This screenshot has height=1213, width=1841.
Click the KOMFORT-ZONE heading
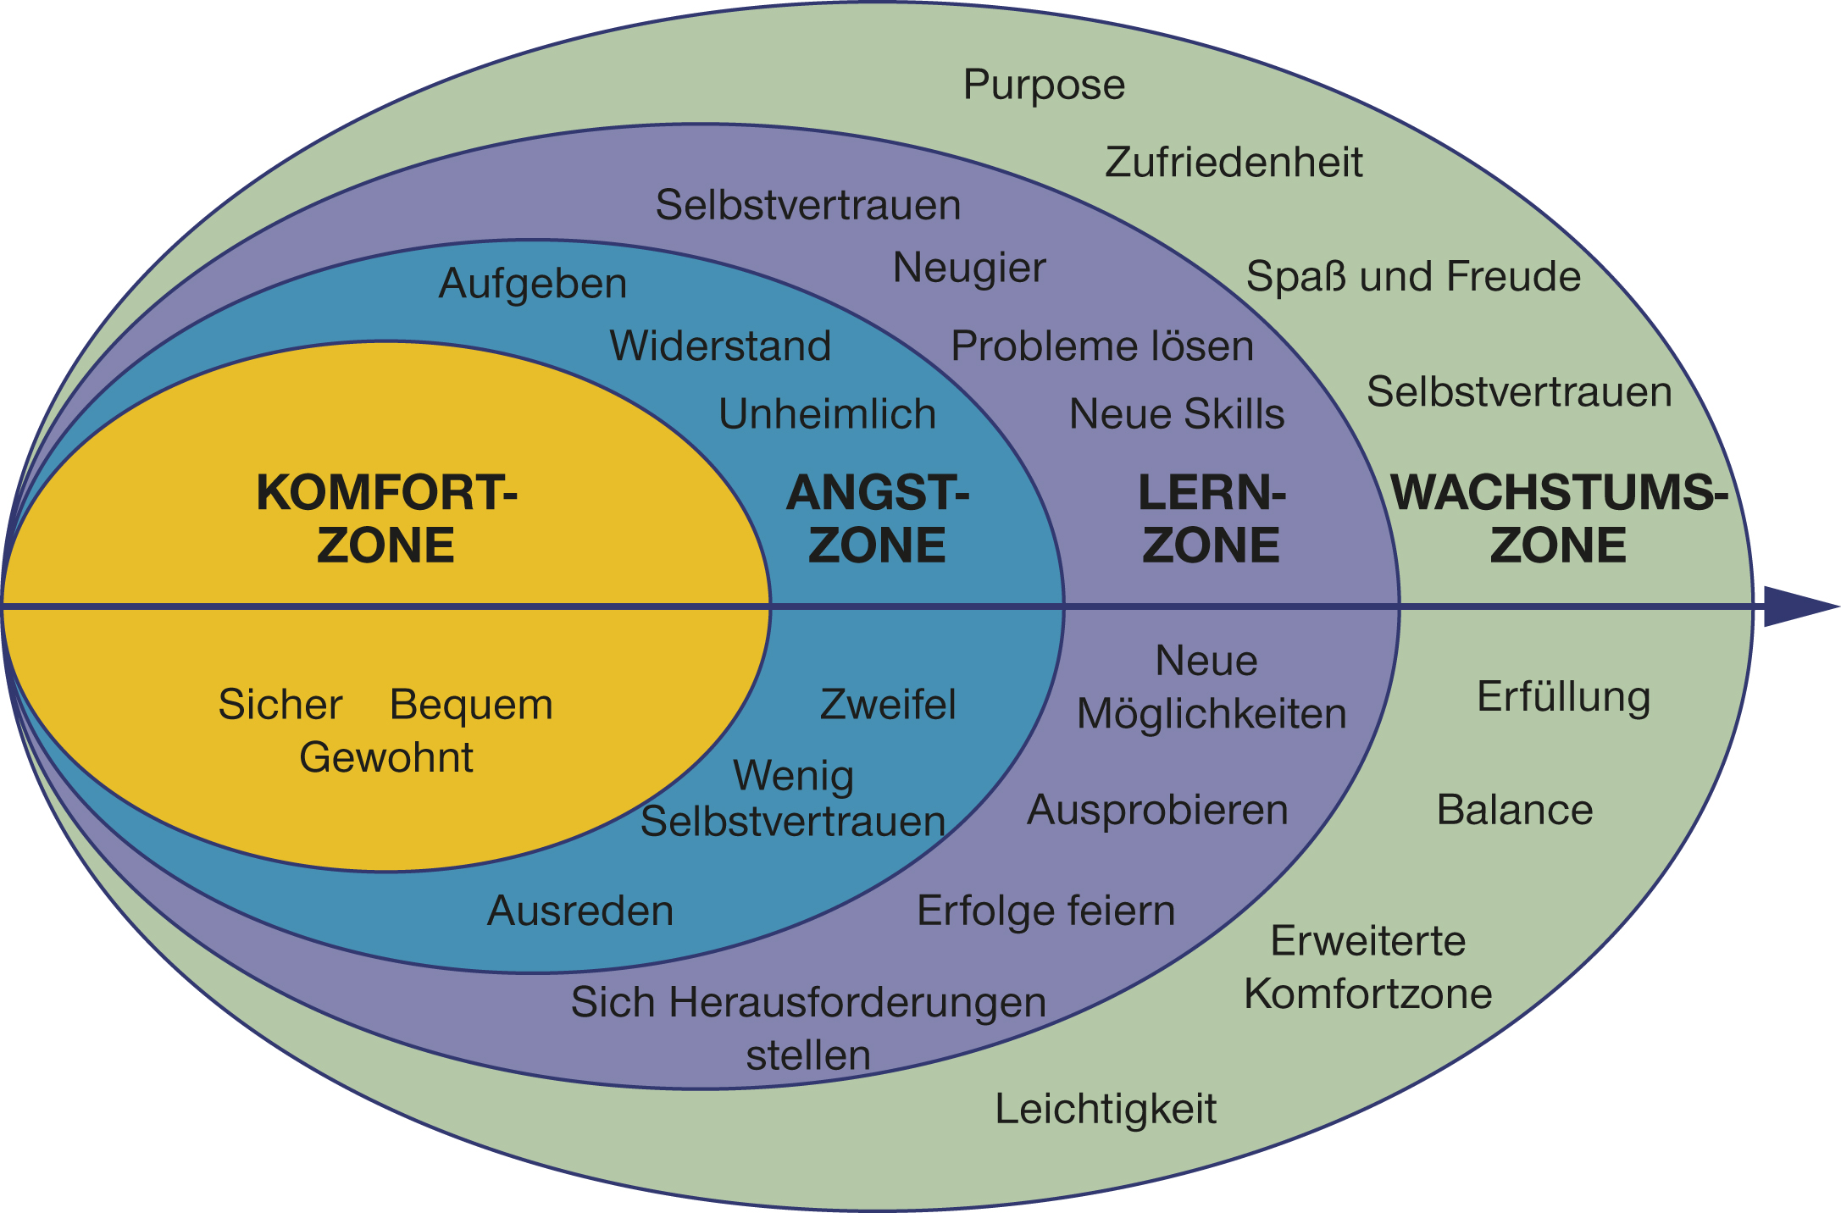click(386, 518)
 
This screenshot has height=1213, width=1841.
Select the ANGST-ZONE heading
click(878, 518)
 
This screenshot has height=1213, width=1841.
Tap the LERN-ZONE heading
click(1212, 518)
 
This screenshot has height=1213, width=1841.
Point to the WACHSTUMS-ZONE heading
click(1559, 518)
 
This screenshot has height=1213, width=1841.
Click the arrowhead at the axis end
click(1801, 606)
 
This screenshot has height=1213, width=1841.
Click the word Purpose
click(1044, 86)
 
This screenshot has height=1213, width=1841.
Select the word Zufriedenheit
click(1234, 162)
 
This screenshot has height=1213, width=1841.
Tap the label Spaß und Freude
click(1413, 276)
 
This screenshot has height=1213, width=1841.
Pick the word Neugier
click(969, 269)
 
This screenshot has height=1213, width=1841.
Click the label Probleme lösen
click(1102, 346)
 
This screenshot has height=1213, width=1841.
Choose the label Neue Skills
click(1177, 414)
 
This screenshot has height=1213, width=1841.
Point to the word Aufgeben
click(533, 284)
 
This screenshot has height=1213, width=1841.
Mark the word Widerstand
click(720, 346)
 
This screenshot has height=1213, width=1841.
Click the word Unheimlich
click(827, 414)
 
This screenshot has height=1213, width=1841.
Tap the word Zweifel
click(888, 705)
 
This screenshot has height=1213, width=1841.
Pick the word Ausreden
click(580, 911)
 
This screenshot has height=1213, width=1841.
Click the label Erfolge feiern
click(1046, 911)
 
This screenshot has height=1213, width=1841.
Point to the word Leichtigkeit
click(1106, 1109)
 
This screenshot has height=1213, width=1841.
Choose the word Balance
click(1515, 810)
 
